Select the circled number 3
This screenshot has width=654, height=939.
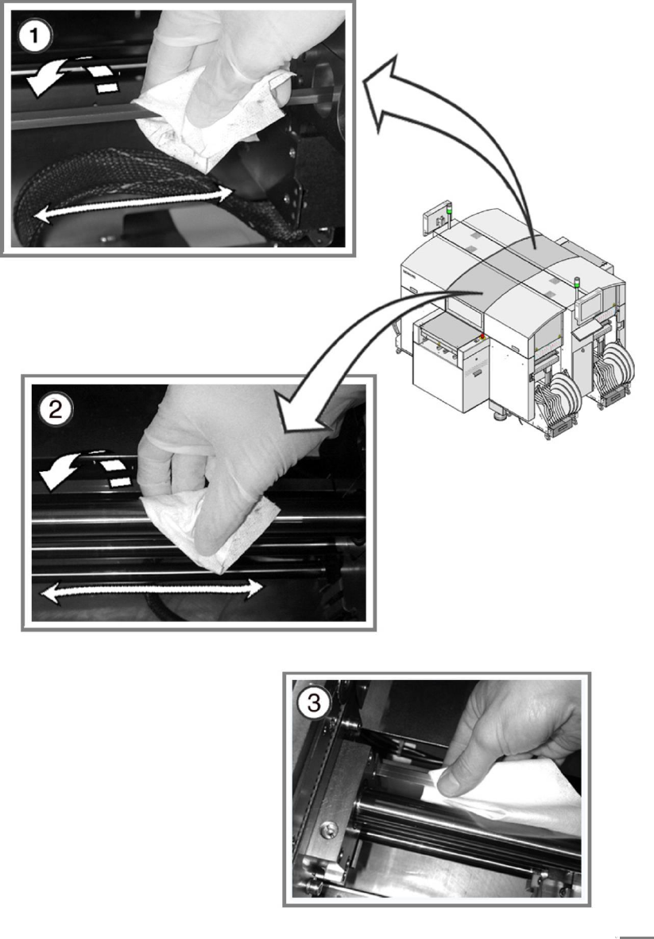point(315,703)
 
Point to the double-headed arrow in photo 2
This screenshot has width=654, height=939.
point(151,589)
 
